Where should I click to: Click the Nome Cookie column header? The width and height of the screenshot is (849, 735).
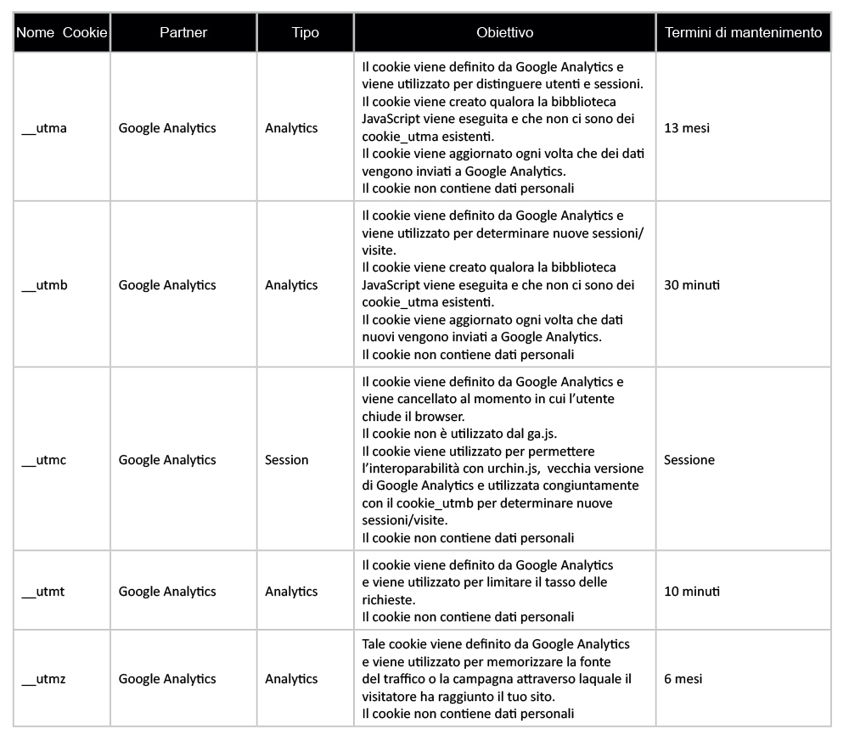[x=62, y=33]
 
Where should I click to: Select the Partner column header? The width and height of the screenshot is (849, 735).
[x=183, y=33]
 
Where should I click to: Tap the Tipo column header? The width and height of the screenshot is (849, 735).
[x=306, y=33]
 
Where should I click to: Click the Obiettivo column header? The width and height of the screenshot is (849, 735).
[x=505, y=33]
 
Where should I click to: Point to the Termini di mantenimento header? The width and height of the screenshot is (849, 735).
[x=743, y=33]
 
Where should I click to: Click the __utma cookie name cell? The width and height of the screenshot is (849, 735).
[x=44, y=128]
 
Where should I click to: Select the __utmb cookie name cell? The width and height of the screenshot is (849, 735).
[x=44, y=285]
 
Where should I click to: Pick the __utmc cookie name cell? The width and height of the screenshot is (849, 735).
[x=44, y=460]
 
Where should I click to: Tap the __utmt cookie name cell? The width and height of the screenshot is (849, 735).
[x=44, y=592]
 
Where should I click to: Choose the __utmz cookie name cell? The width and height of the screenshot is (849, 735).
[x=44, y=679]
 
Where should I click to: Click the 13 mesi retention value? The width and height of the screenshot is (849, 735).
[x=687, y=128]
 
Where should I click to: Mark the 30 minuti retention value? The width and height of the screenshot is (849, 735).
[x=692, y=285]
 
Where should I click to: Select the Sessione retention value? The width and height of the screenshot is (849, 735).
[x=689, y=460]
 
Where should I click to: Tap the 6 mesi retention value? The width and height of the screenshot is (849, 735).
[x=683, y=679]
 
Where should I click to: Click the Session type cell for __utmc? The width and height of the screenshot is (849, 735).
[x=287, y=460]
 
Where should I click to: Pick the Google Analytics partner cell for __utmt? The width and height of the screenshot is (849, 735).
[x=167, y=592]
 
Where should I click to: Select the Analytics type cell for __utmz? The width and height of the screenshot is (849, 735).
[x=291, y=679]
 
